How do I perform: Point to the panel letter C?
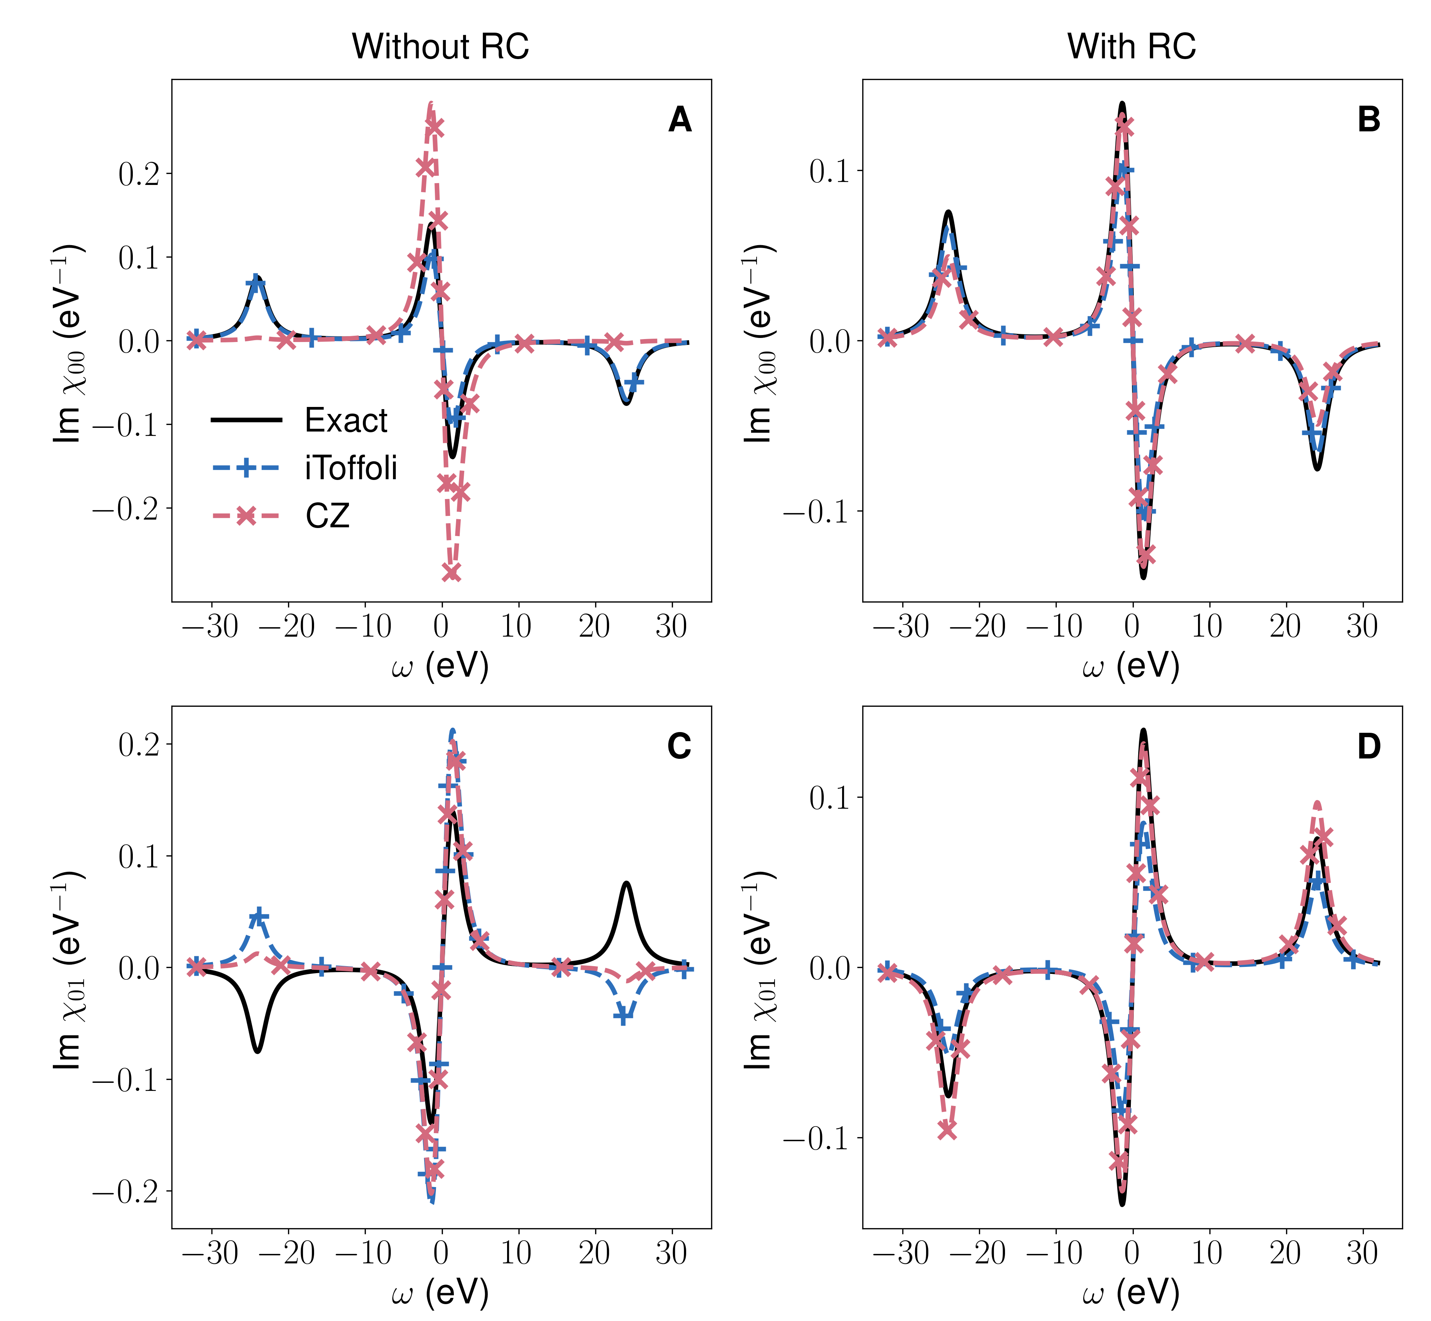click(679, 747)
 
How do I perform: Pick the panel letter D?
click(1369, 747)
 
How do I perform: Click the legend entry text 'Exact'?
click(346, 420)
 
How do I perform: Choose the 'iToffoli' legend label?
click(351, 468)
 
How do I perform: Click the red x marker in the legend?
click(247, 516)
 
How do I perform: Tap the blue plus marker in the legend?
click(247, 468)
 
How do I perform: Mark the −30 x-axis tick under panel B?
click(901, 627)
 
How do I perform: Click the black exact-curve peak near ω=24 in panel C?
click(626, 883)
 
